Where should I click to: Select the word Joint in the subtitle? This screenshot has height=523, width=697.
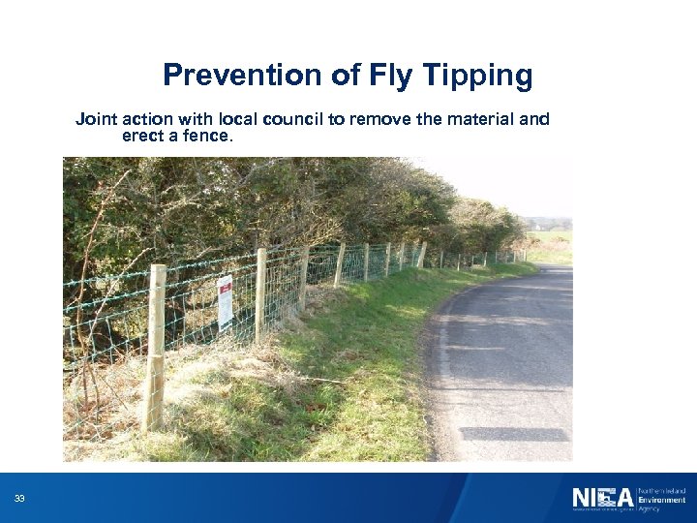point(95,119)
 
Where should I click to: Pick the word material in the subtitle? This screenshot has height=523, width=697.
point(468,119)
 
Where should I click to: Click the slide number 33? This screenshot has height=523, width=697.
point(19,499)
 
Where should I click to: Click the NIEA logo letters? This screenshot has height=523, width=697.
point(601,498)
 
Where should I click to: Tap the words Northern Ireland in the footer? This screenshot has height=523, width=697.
point(661,491)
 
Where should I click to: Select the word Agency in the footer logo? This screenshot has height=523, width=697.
point(649,508)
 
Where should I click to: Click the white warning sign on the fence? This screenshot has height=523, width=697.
point(225,301)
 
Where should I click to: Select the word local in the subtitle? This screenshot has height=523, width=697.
point(231,119)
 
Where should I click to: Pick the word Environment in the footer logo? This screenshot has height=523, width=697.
point(660,499)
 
